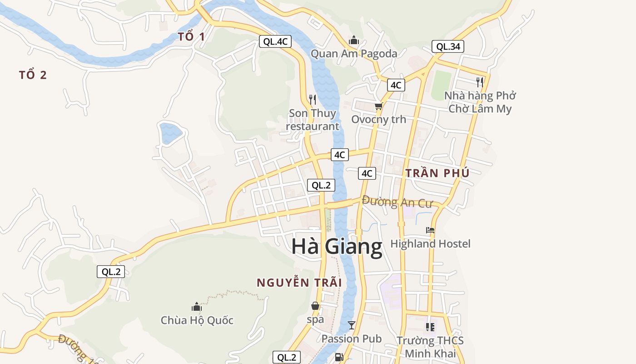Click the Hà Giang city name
coord(337,247)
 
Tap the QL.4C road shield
coord(275,41)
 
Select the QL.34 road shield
coord(447,46)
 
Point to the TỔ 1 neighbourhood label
coord(191,37)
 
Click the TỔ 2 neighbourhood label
coord(33,75)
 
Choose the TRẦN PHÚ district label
coord(437,173)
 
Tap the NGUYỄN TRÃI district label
coord(299,283)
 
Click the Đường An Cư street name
coord(397,202)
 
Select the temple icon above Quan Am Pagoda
coord(354,40)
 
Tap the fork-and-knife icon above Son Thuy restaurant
coord(313,99)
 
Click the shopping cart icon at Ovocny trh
coord(378,106)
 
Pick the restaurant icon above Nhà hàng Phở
coord(480,82)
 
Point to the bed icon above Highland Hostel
coord(430,230)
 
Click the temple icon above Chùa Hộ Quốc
coord(197,307)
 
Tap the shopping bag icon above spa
coord(315,306)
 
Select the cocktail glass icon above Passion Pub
coord(351,325)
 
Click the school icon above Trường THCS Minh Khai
coord(430,327)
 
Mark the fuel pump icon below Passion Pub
coord(338,357)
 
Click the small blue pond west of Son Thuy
coord(170,133)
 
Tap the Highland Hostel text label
coord(430,244)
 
